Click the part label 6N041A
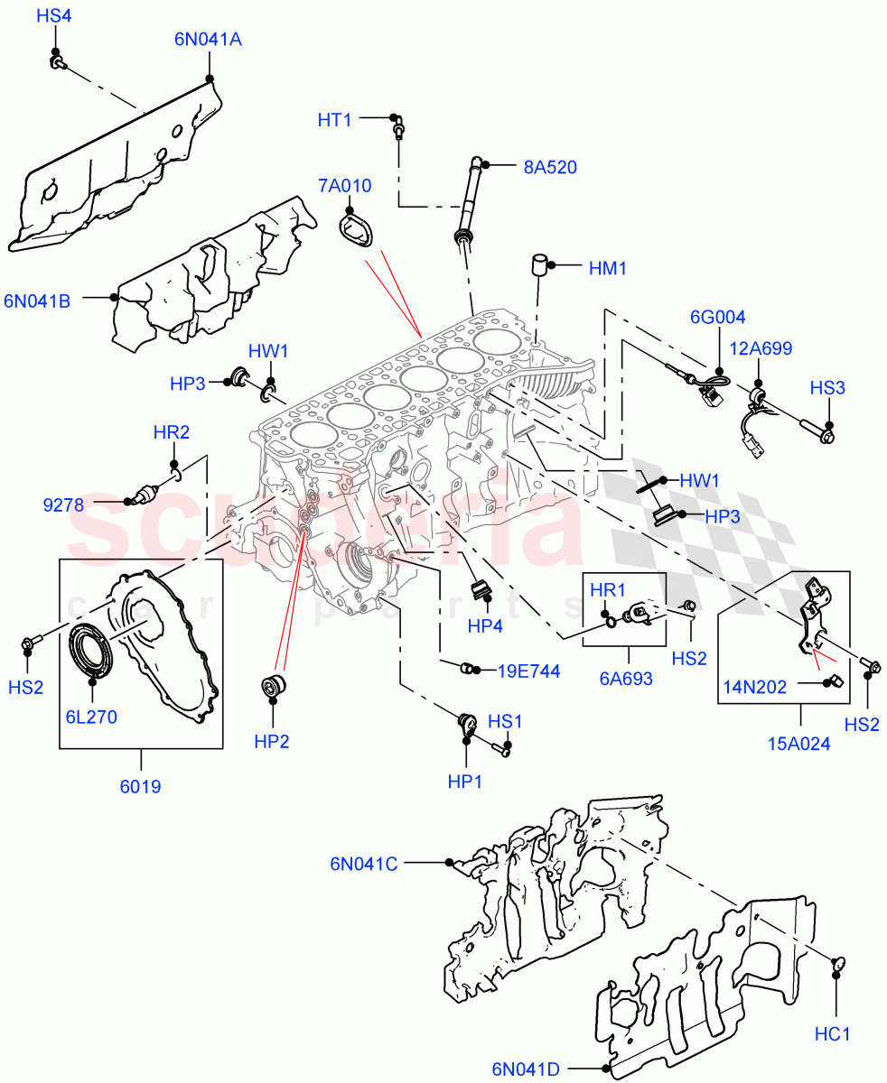tap(208, 40)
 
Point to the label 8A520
tap(549, 167)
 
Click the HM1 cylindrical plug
tap(541, 268)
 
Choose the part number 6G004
tap(718, 317)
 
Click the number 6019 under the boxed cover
tap(140, 786)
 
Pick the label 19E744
tap(529, 671)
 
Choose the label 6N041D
tap(526, 1069)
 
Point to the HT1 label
tap(334, 120)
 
